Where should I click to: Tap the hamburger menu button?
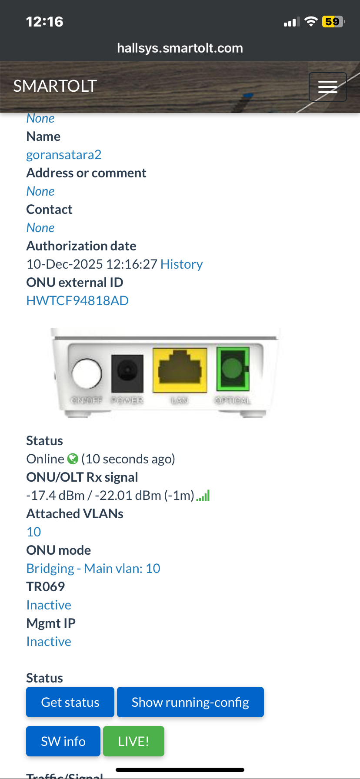(x=327, y=87)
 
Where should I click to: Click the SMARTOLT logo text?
(x=55, y=86)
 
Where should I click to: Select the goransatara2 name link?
(x=64, y=155)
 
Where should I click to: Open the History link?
(x=181, y=264)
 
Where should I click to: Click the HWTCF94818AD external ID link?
(x=77, y=301)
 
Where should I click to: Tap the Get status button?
(x=70, y=702)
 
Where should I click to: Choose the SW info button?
(x=63, y=741)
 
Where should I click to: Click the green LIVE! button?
(x=133, y=741)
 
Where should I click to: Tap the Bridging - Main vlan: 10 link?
(x=93, y=569)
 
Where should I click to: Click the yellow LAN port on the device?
(x=180, y=370)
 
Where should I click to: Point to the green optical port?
(x=233, y=369)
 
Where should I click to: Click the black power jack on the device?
(x=127, y=373)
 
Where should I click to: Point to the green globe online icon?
(x=73, y=459)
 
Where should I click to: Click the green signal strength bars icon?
(x=203, y=496)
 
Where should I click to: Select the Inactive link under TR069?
(x=49, y=605)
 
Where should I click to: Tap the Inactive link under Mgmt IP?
(x=49, y=642)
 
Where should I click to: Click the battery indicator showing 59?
(x=333, y=22)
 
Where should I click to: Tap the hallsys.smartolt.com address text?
(x=180, y=48)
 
